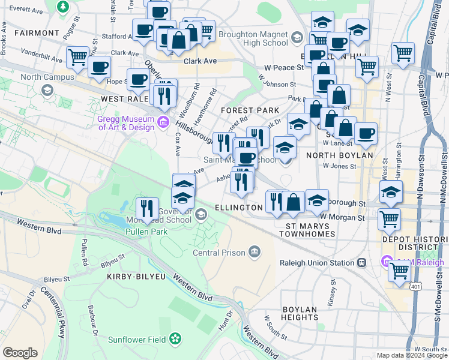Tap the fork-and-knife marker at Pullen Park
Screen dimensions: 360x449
click(147, 209)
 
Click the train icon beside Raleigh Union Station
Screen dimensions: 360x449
click(362, 263)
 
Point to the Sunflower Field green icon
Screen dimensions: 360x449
click(175, 339)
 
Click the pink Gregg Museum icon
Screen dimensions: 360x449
click(162, 123)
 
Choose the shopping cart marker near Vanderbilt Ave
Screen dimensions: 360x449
click(77, 58)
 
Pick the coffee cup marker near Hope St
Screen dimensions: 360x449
click(99, 67)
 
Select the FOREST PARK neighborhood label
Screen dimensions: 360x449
click(250, 110)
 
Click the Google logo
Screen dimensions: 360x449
click(20, 352)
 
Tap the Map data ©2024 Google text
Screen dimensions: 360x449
click(411, 355)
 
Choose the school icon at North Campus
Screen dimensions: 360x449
click(46, 89)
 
